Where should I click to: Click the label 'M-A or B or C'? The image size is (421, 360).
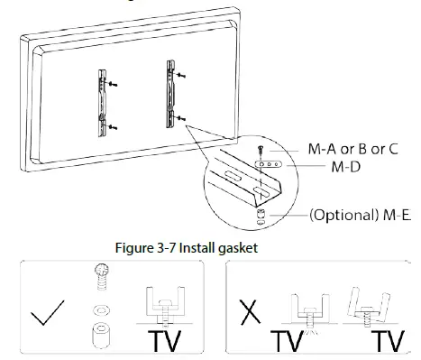[352, 150]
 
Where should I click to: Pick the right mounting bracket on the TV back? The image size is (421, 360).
[171, 92]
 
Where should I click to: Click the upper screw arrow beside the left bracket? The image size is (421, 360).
[113, 83]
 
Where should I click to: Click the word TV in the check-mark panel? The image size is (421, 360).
[169, 342]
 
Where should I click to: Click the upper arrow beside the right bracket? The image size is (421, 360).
[183, 74]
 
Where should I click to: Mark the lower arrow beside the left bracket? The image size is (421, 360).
[114, 127]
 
